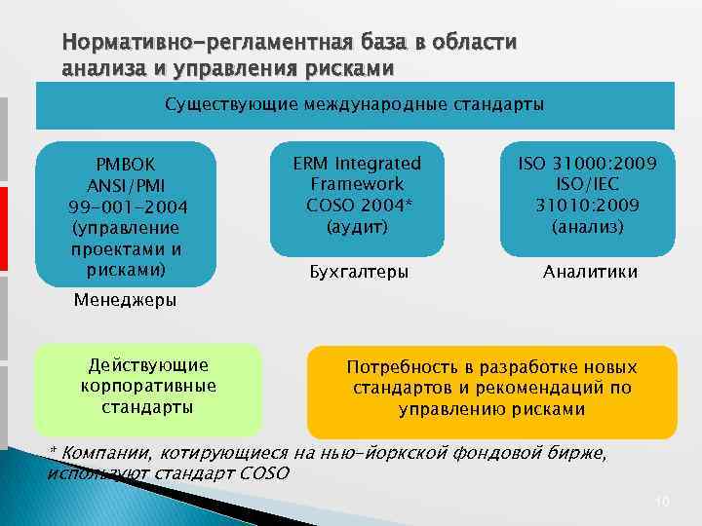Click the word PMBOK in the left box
125,164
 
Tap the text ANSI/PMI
126,185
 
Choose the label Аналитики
590,272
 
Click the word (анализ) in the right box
588,227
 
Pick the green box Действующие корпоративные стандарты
148,388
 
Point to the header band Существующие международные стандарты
355,104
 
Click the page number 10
662,501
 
